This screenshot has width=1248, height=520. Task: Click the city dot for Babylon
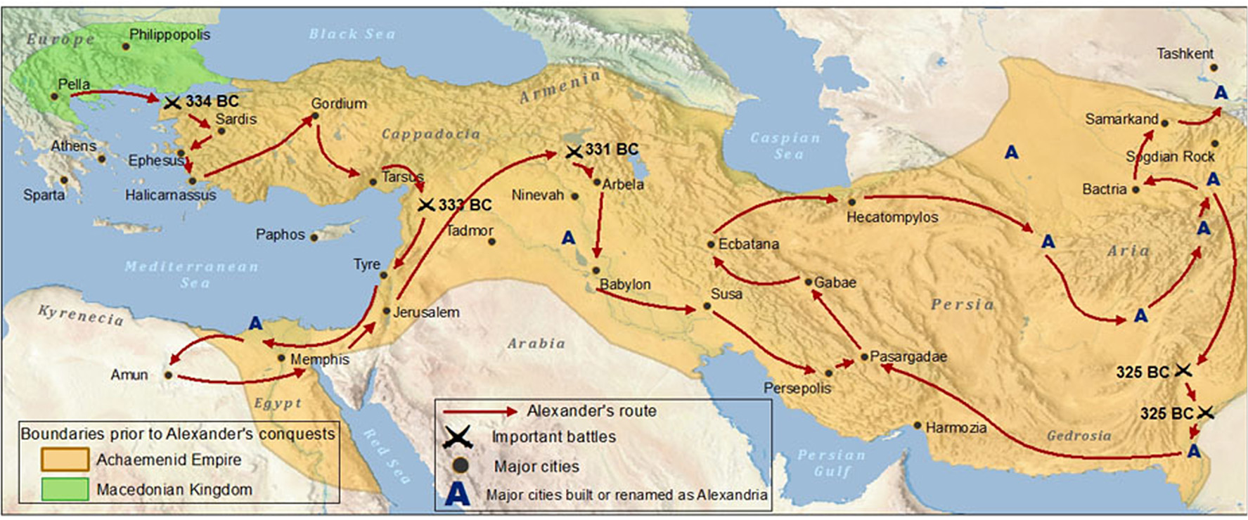596,271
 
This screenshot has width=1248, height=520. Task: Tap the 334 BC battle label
212,101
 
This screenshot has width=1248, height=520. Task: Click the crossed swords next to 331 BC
574,151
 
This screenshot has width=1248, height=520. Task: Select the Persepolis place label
797,388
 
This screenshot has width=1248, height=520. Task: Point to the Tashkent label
1185,53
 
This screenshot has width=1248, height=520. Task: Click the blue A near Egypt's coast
255,323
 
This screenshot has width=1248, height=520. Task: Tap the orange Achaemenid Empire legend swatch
65,460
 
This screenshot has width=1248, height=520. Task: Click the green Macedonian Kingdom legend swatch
65,489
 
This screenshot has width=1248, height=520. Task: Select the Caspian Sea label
785,145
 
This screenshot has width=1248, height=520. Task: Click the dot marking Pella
54,96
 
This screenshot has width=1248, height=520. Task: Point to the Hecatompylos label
892,217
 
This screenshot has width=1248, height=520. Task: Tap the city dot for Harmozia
917,425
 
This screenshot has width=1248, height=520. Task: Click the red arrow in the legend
480,411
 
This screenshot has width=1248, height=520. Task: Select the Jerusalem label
426,312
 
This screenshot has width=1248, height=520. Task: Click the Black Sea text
352,34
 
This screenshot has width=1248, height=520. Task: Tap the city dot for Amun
168,375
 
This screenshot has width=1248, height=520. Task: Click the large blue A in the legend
457,494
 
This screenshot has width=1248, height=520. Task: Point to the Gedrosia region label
1079,436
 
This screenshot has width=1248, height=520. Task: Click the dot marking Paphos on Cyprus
314,238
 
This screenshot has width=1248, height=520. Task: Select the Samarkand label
1121,119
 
